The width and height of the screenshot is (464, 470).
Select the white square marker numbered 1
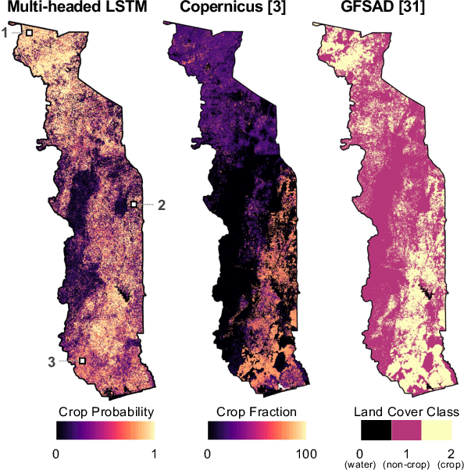(x=30, y=33)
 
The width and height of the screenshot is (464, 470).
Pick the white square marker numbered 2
(x=134, y=205)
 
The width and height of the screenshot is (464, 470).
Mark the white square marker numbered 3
(x=82, y=361)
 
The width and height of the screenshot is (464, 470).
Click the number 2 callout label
(x=162, y=205)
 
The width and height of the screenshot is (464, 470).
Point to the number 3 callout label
(x=52, y=361)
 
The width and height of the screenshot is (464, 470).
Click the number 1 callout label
(x=5, y=32)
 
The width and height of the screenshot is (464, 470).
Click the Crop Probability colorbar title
(x=105, y=411)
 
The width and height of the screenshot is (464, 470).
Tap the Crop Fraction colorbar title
(x=256, y=411)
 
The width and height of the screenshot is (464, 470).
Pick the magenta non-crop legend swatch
(x=405, y=430)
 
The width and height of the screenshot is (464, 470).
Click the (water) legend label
(x=361, y=465)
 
